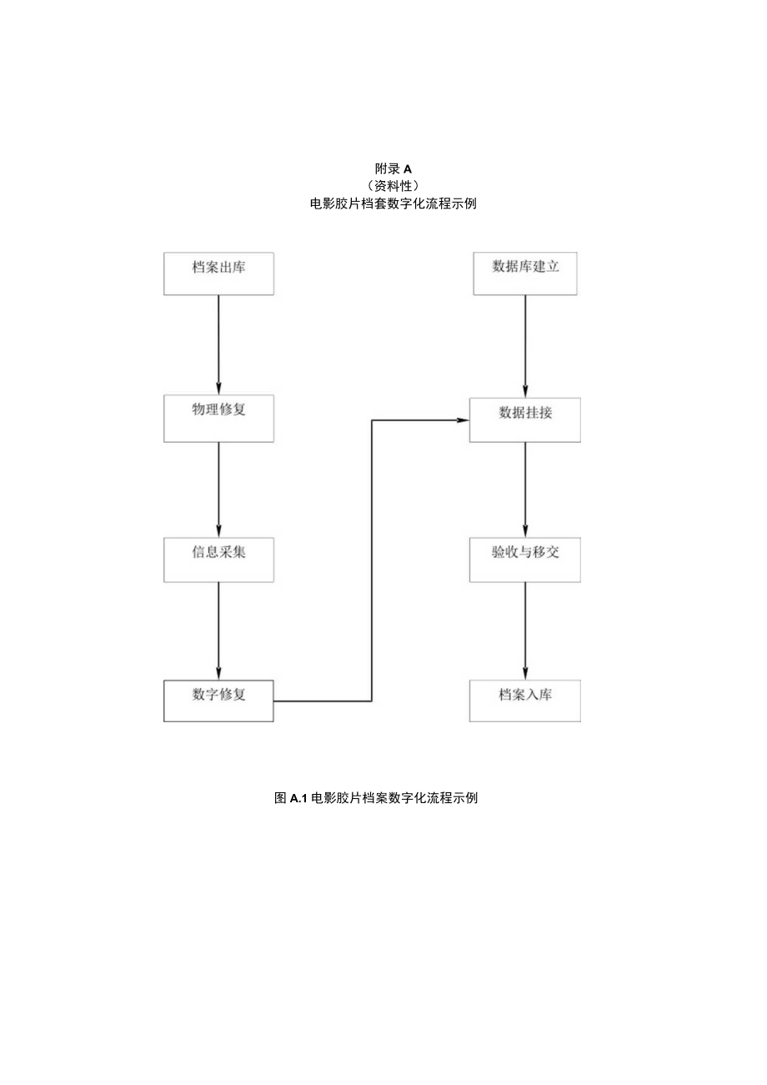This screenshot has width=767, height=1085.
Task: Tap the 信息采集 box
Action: pos(218,559)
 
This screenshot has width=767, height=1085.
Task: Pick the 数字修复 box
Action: pos(218,701)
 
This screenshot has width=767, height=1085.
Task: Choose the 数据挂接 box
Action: pos(525,419)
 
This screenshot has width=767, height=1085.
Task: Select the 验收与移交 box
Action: pos(525,559)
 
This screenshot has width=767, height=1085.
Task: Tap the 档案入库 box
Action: pos(525,701)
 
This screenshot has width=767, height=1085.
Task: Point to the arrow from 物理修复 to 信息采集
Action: pos(218,489)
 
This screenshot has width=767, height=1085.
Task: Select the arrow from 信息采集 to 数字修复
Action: pos(218,630)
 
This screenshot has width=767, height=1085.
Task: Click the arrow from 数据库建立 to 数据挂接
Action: pos(525,345)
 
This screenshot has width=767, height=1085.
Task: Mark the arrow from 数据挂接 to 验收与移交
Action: pos(525,489)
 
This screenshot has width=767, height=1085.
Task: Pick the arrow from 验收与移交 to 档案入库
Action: pos(525,630)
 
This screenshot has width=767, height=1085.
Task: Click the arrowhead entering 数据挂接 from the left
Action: pos(464,419)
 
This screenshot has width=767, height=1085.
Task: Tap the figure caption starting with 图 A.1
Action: pos(376,798)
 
